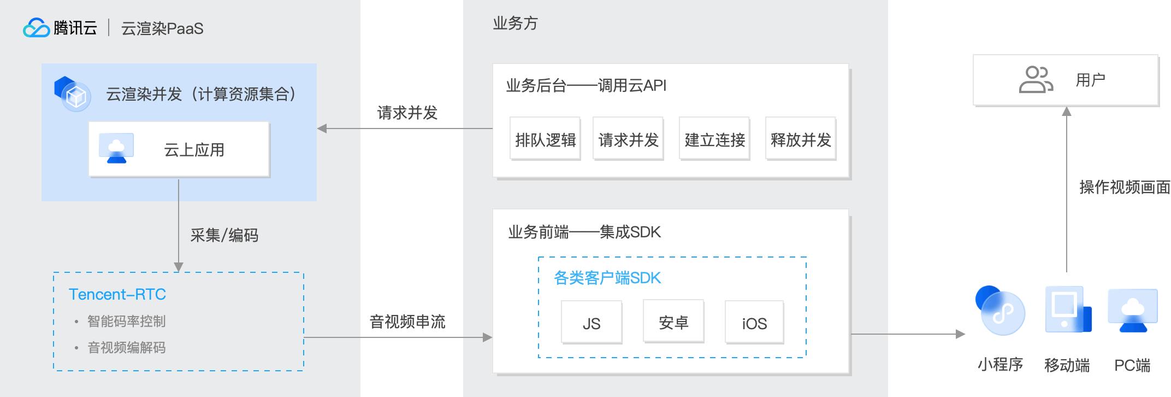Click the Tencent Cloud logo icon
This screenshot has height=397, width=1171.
point(36,28)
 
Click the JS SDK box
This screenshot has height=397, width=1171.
point(592,322)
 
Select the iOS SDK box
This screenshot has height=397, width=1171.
point(754,322)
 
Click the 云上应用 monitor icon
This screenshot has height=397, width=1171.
point(116,148)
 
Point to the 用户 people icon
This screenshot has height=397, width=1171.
point(1036,80)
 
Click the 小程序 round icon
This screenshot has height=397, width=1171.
point(1000,310)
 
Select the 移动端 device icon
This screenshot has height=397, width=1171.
point(1068,310)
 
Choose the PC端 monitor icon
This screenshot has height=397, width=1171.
point(1133,311)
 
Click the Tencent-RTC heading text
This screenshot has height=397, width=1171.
point(117,294)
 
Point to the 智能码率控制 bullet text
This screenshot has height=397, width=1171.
point(126,321)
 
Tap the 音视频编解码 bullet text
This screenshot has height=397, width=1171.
point(126,347)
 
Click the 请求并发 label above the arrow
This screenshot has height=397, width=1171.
point(407,113)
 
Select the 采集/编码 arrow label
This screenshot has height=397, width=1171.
point(224,235)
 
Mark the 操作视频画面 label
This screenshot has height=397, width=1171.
point(1125,187)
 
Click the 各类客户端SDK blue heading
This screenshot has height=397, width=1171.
point(607,278)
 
